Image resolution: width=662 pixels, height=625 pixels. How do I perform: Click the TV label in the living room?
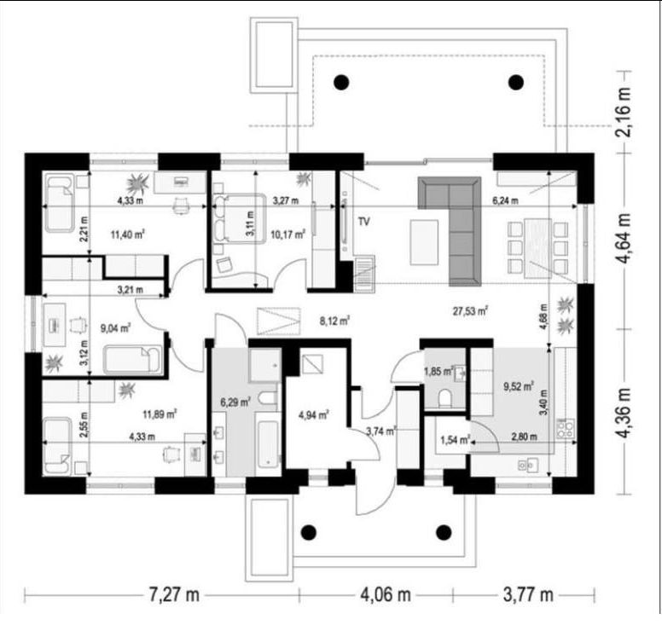click(x=363, y=221)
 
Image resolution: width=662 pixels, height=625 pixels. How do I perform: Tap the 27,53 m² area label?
click(x=470, y=311)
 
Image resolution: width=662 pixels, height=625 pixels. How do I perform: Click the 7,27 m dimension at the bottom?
click(x=173, y=594)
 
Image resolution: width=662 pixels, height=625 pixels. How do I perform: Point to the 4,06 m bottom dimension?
click(x=386, y=594)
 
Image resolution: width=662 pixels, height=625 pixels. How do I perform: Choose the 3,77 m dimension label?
click(x=528, y=594)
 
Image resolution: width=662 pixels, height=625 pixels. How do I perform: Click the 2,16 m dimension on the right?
click(x=624, y=112)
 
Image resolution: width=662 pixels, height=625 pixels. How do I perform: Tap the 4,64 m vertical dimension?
click(x=624, y=238)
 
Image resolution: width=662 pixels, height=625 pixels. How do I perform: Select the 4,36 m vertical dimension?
click(x=625, y=414)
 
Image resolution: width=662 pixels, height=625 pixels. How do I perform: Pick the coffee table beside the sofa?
click(x=424, y=242)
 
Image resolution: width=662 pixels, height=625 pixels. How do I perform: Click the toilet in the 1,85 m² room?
click(x=444, y=398)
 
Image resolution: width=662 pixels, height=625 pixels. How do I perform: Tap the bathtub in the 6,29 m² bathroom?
click(x=268, y=444)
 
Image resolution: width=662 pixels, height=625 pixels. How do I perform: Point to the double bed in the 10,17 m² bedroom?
click(x=240, y=218)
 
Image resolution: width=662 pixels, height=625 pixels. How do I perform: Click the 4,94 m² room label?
click(x=314, y=415)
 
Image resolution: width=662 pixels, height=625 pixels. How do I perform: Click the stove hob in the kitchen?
click(x=566, y=428)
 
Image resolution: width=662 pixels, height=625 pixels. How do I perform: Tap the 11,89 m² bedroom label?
click(x=160, y=414)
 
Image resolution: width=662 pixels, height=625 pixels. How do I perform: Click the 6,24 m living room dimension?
click(x=505, y=201)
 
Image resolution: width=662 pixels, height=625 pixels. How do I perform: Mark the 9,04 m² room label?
click(x=115, y=327)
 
